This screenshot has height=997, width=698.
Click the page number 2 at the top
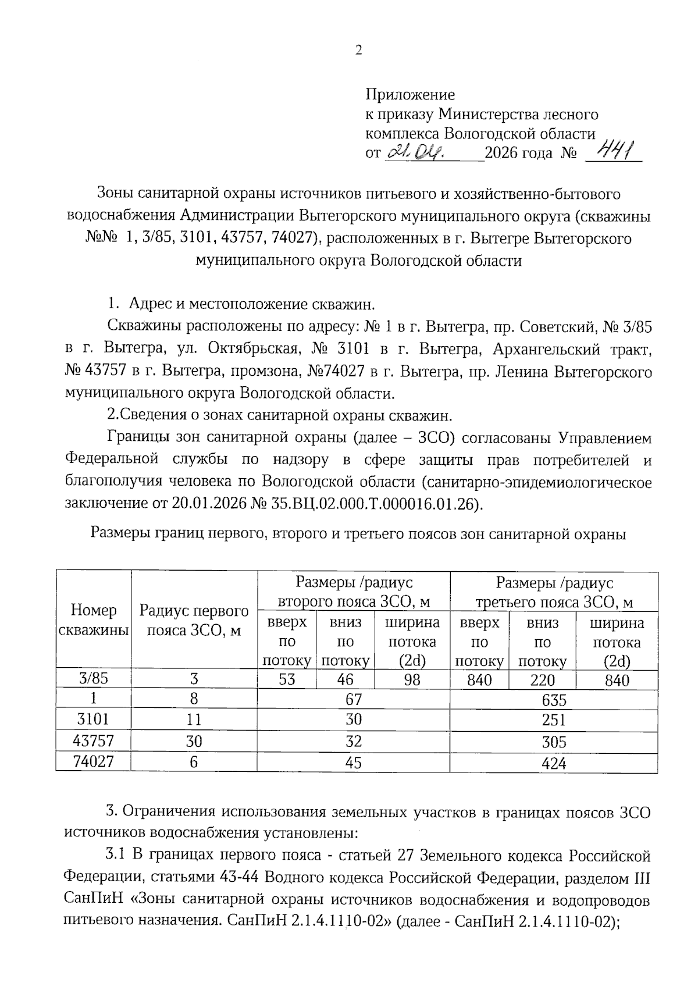[358, 51]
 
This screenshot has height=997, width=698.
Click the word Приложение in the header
[410, 94]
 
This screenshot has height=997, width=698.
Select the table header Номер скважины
[94, 620]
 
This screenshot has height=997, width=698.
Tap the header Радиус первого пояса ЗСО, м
[194, 620]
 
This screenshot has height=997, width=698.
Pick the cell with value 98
[412, 679]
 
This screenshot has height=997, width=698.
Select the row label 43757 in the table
[94, 741]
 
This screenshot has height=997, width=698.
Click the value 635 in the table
[553, 700]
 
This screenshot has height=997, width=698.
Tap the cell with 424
[553, 763]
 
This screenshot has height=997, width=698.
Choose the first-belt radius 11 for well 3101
[194, 720]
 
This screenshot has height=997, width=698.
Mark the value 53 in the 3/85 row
[287, 679]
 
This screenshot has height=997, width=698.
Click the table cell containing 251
[553, 720]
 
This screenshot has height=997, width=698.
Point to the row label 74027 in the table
[94, 762]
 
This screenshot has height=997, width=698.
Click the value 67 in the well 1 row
[353, 700]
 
